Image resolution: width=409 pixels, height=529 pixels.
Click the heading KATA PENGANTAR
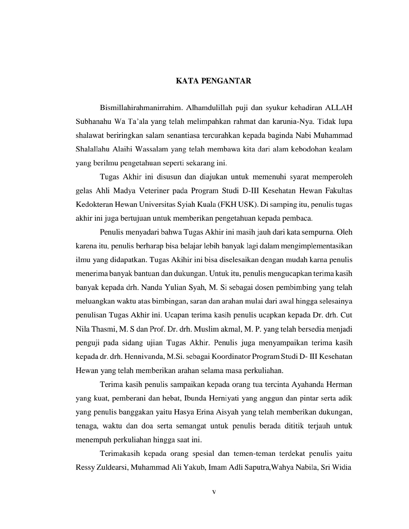point(213,81)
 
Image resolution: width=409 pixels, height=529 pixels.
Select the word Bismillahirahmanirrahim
point(141,108)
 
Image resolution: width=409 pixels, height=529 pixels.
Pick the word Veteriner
point(155,191)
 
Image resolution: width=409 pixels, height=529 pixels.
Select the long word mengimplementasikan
point(317,246)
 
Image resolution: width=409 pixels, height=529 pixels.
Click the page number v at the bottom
point(214,492)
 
